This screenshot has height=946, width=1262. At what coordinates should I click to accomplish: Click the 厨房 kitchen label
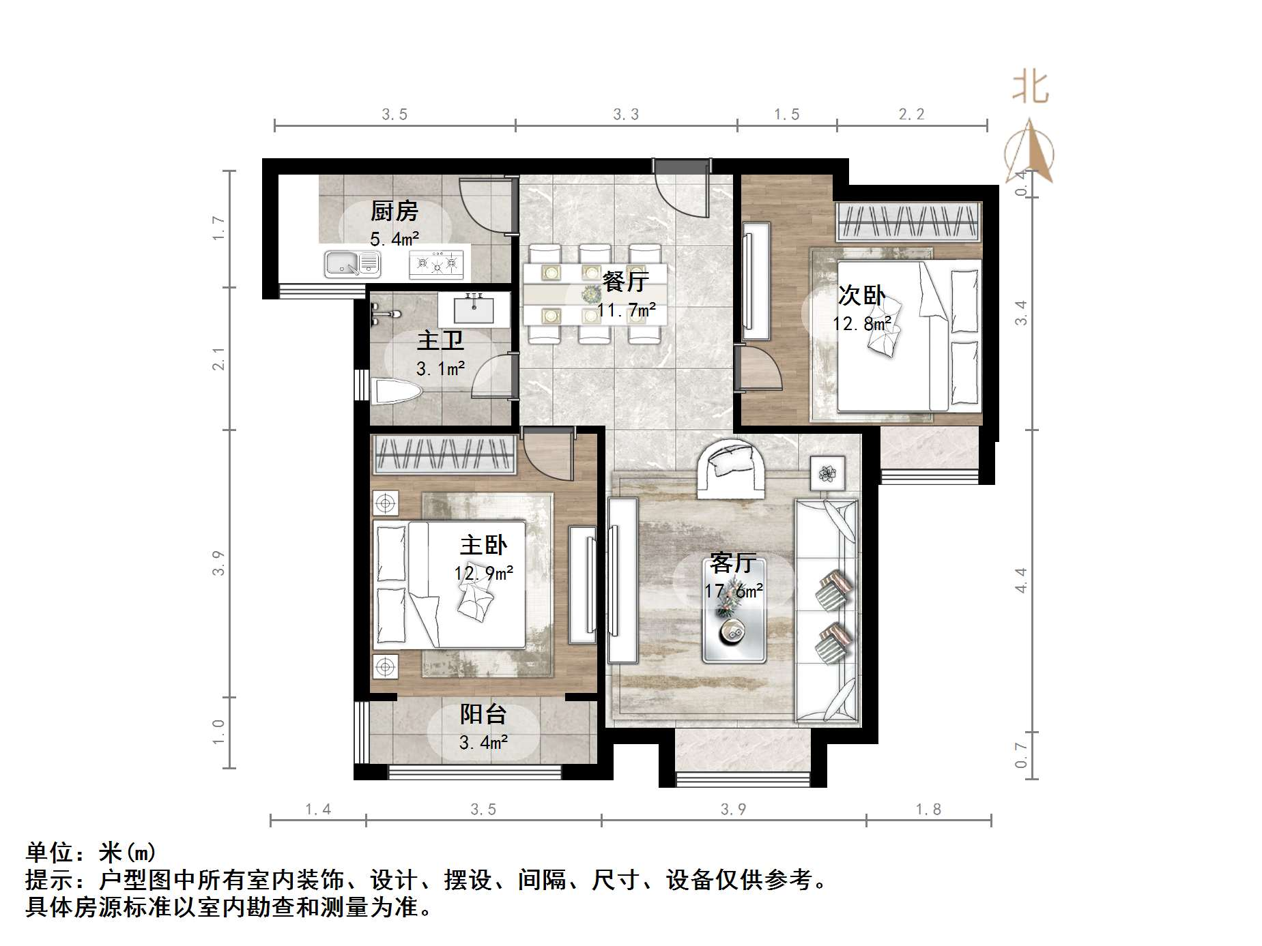(x=394, y=211)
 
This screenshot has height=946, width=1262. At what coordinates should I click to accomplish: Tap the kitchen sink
(x=352, y=263)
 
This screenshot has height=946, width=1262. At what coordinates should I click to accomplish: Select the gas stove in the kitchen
(x=436, y=263)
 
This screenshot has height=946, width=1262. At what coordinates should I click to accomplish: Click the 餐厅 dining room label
(x=625, y=281)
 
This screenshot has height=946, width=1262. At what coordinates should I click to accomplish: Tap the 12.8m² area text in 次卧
(x=861, y=323)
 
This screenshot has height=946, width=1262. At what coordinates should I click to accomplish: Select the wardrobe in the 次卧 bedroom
(x=908, y=222)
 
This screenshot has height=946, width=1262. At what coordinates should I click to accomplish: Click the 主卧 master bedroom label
(x=483, y=545)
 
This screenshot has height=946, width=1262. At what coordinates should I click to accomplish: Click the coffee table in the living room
(x=734, y=610)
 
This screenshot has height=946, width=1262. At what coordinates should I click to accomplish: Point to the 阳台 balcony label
(x=483, y=714)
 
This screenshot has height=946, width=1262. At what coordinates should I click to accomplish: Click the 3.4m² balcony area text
(x=483, y=742)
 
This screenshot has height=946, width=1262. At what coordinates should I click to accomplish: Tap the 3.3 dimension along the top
(x=626, y=115)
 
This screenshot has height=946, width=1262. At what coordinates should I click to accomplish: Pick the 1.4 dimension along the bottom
(x=318, y=810)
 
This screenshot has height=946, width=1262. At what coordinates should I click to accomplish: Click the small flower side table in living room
(x=828, y=473)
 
